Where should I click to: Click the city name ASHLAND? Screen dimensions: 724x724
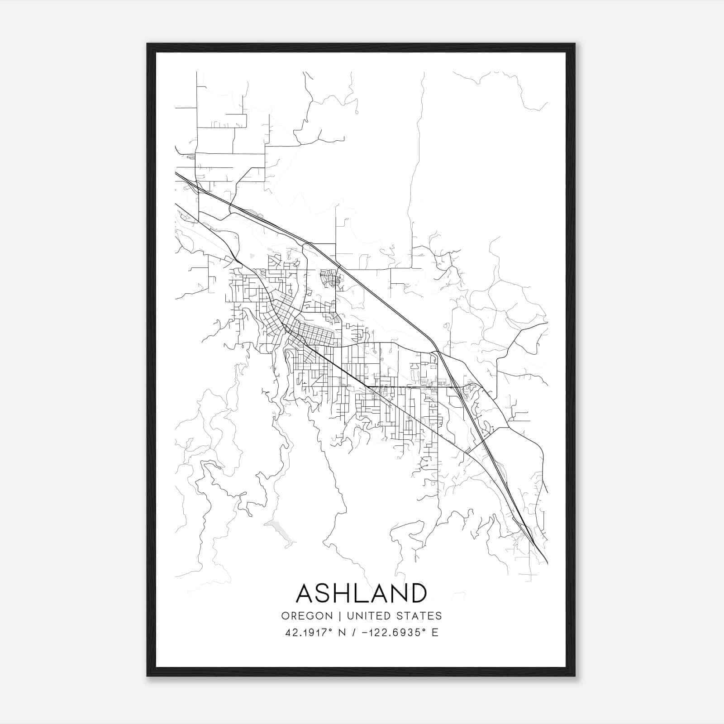(x=362, y=593)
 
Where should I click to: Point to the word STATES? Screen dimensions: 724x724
(x=419, y=616)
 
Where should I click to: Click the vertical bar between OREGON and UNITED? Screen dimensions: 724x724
(x=333, y=616)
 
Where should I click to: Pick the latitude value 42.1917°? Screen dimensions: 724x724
(x=309, y=633)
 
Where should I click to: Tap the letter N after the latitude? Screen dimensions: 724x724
(x=343, y=633)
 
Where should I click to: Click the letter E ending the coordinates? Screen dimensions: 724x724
(x=435, y=633)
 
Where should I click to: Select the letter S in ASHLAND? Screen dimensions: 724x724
(x=324, y=593)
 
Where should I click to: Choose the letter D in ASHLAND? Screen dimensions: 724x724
(x=418, y=593)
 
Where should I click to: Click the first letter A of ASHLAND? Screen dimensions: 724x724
(x=305, y=593)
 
